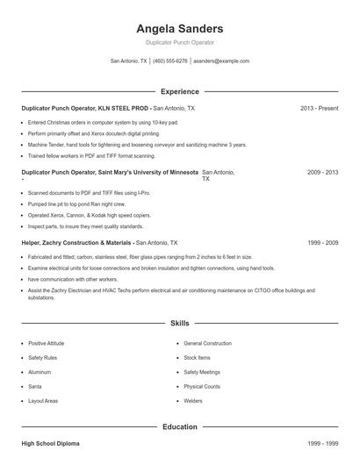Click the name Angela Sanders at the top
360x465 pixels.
pyautogui.click(x=180, y=28)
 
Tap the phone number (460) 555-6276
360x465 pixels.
pyautogui.click(x=170, y=61)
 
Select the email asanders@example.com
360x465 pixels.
pyautogui.click(x=221, y=61)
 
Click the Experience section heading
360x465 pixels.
pyautogui.click(x=180, y=91)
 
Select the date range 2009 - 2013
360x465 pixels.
pyautogui.click(x=322, y=173)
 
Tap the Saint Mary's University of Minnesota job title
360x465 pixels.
pyautogui.click(x=110, y=173)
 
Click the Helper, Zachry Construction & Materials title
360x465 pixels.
pyautogui.click(x=77, y=241)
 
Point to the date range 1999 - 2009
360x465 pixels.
pyautogui.click(x=322, y=241)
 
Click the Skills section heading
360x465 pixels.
pyautogui.click(x=180, y=324)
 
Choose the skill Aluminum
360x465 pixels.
pyautogui.click(x=40, y=372)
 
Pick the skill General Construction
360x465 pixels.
pyautogui.click(x=207, y=343)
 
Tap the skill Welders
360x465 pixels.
pyautogui.click(x=193, y=400)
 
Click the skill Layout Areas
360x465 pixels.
pyautogui.click(x=43, y=400)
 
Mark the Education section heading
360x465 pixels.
pyautogui.click(x=180, y=427)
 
